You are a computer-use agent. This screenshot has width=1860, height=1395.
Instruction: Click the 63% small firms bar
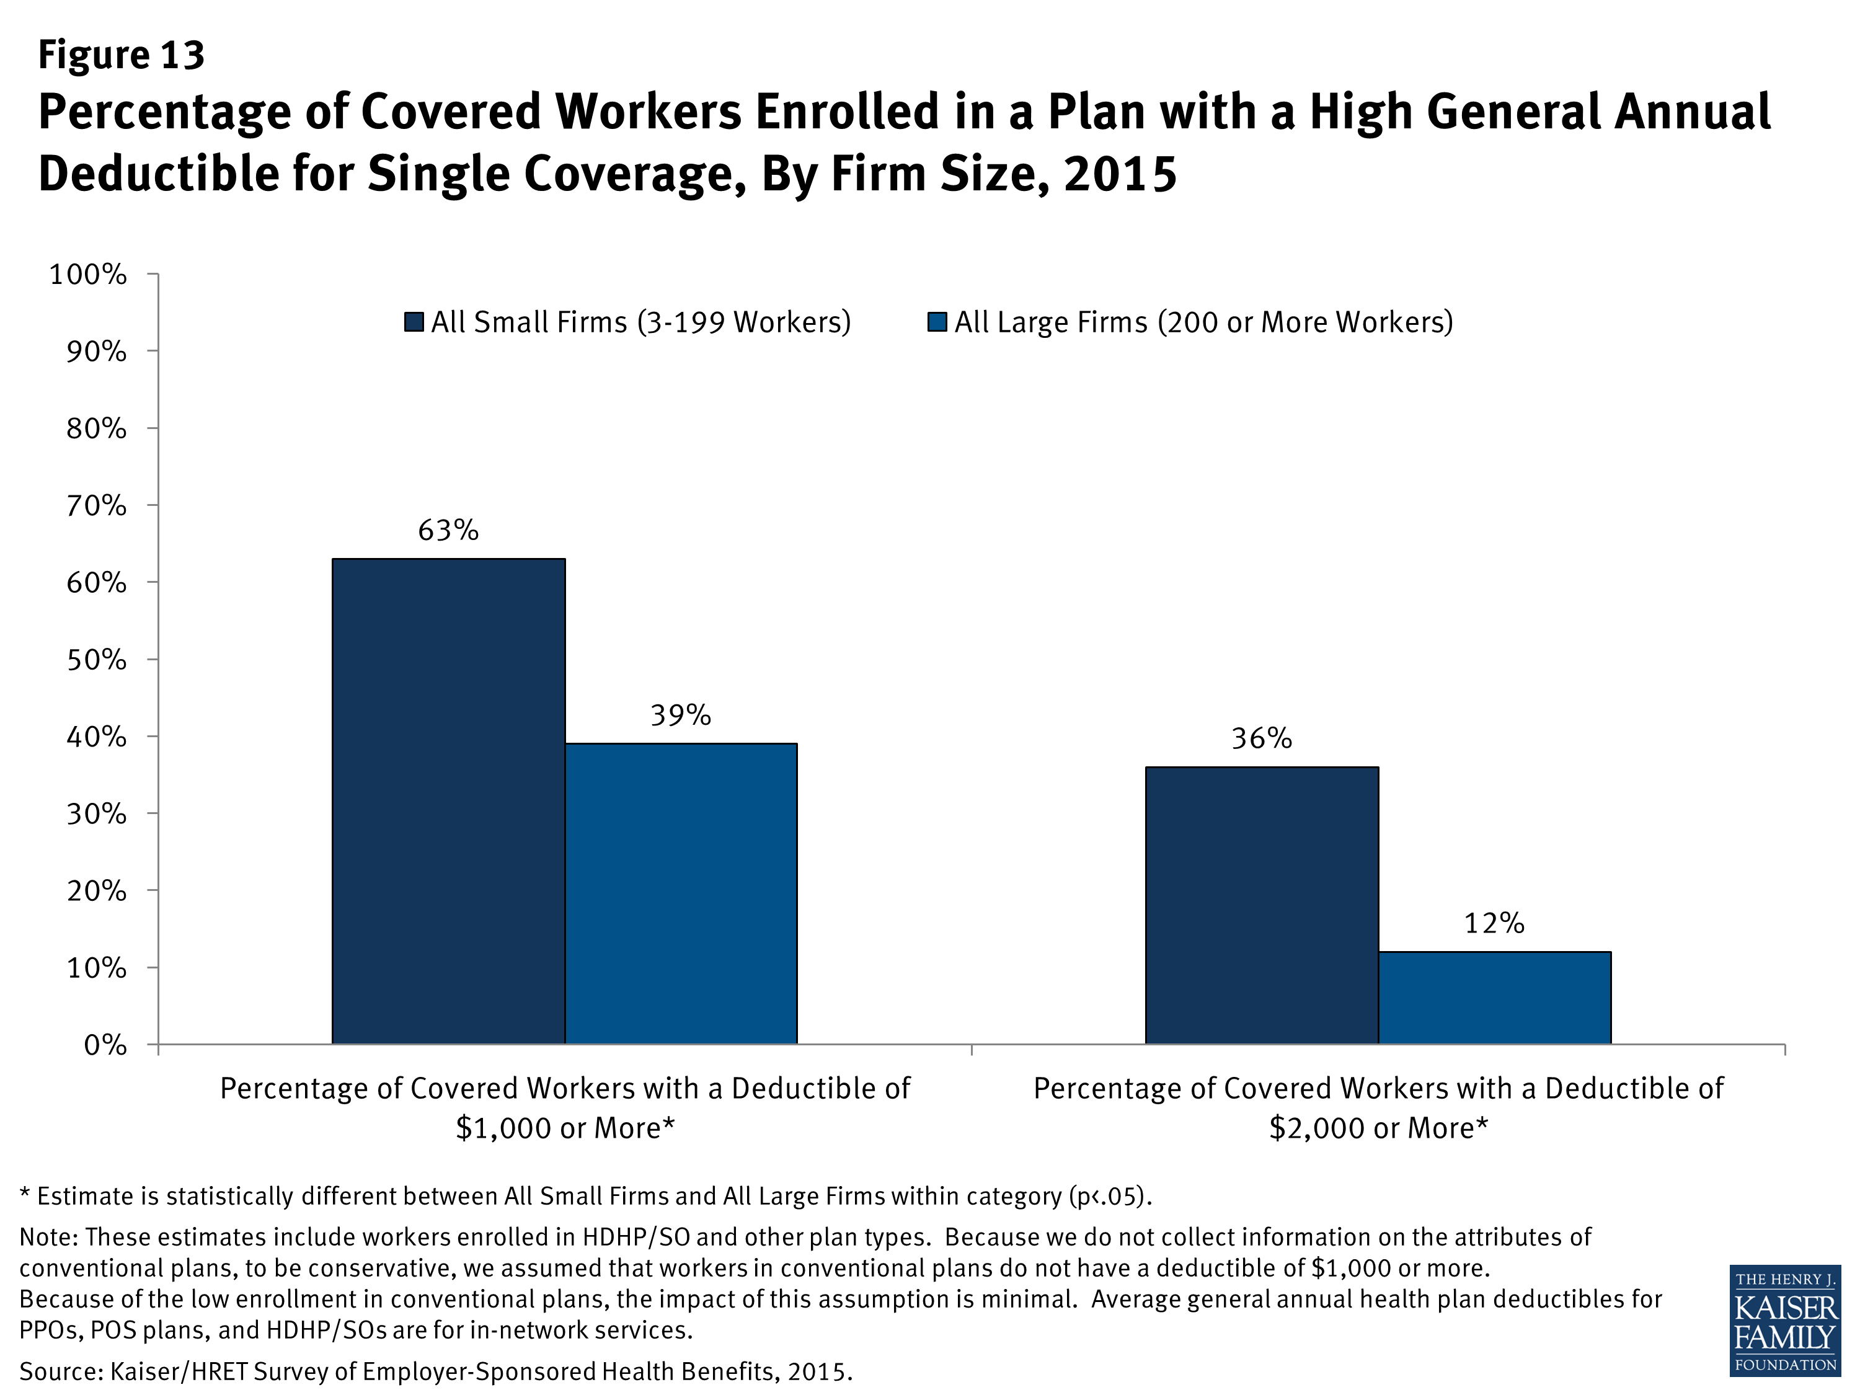(448, 800)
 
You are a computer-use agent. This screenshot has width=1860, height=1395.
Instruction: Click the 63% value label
(448, 531)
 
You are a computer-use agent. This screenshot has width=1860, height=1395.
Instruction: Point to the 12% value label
(1494, 923)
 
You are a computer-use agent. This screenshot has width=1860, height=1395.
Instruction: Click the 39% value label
(680, 715)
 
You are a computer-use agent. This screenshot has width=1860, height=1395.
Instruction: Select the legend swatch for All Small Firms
(414, 322)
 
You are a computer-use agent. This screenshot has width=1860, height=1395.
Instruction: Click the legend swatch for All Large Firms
(937, 322)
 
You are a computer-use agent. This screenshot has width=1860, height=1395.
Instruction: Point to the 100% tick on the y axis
(87, 274)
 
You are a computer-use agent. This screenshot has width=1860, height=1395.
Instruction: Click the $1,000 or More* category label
(565, 1128)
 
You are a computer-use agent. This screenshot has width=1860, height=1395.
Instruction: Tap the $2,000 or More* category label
(1378, 1128)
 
